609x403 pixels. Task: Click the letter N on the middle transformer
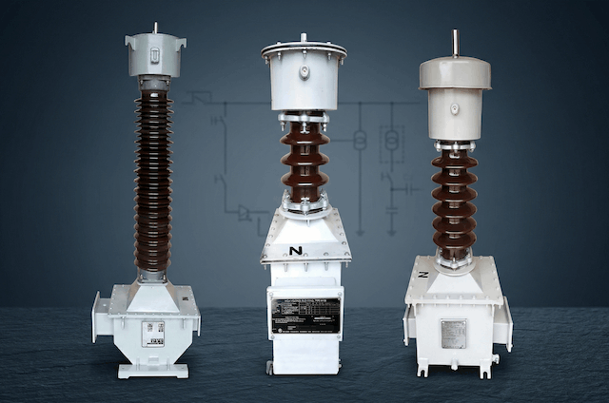click(x=296, y=251)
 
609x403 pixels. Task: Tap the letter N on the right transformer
click(x=423, y=274)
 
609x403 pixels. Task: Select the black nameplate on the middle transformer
click(x=304, y=315)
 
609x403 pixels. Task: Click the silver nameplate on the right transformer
click(x=453, y=333)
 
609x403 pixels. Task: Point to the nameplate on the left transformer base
click(x=152, y=333)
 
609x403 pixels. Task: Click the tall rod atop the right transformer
click(x=455, y=43)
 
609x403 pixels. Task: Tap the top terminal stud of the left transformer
click(x=155, y=28)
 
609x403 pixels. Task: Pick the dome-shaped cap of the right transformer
click(x=455, y=72)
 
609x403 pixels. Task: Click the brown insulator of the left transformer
click(x=152, y=181)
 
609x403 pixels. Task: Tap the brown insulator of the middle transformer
click(x=304, y=162)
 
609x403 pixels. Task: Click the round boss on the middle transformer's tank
click(x=304, y=71)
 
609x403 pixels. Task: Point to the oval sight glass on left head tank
click(x=156, y=59)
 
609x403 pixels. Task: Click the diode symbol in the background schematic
click(x=245, y=213)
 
